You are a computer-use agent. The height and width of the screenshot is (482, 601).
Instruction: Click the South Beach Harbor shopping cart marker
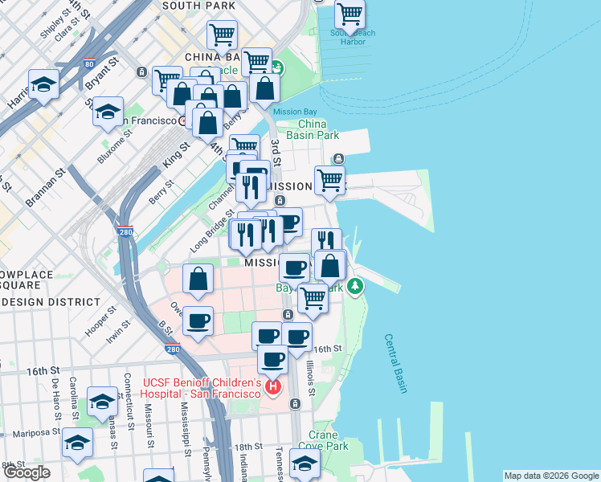click(350, 14)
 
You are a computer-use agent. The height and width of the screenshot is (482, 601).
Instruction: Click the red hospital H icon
click(273, 388)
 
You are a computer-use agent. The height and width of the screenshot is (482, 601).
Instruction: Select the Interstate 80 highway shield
click(88, 63)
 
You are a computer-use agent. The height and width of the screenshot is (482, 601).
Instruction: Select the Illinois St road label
click(310, 374)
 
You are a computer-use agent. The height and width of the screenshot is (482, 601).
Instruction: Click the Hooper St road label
click(101, 320)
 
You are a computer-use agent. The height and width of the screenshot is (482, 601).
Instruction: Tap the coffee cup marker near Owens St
click(198, 321)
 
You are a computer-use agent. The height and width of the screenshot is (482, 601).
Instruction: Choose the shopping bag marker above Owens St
click(198, 279)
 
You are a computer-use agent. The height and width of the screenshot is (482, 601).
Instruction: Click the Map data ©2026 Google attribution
click(550, 476)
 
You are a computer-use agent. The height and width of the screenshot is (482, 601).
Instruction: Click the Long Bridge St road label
click(207, 238)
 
